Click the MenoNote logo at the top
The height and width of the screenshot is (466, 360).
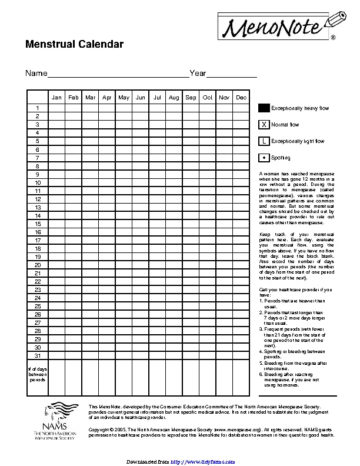pyautogui.click(x=279, y=25)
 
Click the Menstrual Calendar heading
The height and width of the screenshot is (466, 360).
pyautogui.click(x=74, y=45)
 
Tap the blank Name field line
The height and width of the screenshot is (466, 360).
pyautogui.click(x=118, y=74)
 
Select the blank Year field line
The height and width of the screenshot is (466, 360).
pyautogui.click(x=232, y=74)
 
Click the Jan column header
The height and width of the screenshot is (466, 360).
pyautogui.click(x=56, y=98)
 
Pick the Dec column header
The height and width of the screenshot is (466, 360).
pyautogui.click(x=241, y=98)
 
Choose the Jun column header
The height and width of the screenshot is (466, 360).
pyautogui.click(x=141, y=98)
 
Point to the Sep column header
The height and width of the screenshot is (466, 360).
pyautogui.click(x=191, y=98)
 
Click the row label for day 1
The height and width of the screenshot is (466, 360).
pyautogui.click(x=37, y=108)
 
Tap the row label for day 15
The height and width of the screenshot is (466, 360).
pyautogui.click(x=37, y=224)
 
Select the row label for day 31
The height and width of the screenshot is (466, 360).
pyautogui.click(x=37, y=355)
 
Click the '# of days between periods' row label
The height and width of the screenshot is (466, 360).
pyautogui.click(x=37, y=374)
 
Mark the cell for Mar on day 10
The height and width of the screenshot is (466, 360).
pyautogui.click(x=90, y=182)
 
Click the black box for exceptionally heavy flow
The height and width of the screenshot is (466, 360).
pyautogui.click(x=264, y=108)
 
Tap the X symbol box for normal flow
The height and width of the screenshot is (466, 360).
pyautogui.click(x=264, y=125)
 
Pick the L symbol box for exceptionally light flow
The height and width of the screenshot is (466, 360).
pyautogui.click(x=264, y=141)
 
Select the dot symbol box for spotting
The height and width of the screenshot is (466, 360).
pyautogui.click(x=264, y=158)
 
